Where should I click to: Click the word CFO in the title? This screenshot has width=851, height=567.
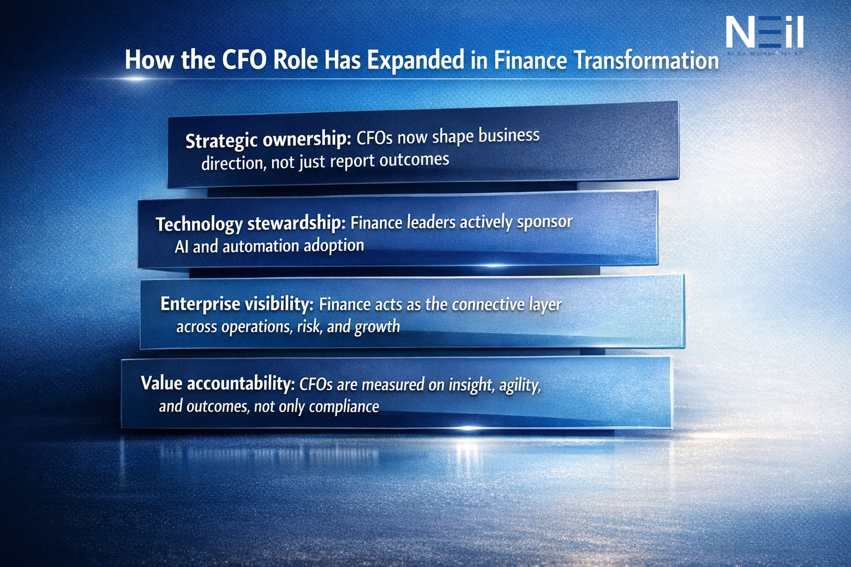(244, 60)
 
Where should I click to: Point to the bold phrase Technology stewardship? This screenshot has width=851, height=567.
(250, 223)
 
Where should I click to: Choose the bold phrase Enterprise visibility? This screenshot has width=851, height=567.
(237, 304)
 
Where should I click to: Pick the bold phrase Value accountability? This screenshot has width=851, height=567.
(217, 383)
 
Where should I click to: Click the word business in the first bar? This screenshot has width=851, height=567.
(509, 136)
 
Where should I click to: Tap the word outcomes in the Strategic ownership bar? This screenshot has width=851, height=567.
(414, 160)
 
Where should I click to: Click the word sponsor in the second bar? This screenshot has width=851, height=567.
(545, 221)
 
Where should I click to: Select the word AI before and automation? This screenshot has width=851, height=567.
(182, 246)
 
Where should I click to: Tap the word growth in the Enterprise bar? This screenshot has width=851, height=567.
(377, 327)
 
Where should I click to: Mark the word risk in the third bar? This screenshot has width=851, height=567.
(309, 327)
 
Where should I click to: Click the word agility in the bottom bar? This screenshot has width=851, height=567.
(520, 384)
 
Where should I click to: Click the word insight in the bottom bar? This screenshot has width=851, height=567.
(470, 384)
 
